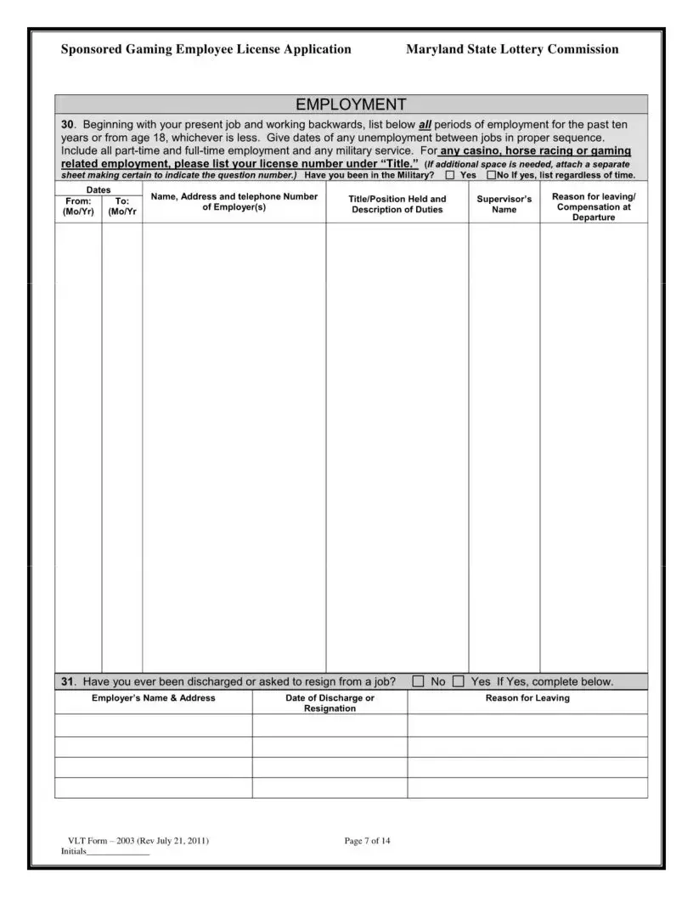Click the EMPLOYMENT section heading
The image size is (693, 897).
[351, 104]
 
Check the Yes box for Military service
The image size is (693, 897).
[449, 175]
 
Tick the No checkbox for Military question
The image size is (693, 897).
[491, 175]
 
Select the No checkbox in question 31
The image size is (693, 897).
[419, 680]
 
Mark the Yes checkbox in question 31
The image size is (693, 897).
[459, 680]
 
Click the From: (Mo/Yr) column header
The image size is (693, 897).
[77, 206]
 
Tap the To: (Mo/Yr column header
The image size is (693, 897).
[122, 206]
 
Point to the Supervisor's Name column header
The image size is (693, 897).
[504, 204]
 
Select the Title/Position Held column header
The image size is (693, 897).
[397, 204]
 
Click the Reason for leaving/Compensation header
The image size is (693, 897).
[594, 206]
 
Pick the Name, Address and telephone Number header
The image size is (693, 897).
[234, 201]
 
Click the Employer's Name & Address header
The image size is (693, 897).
[153, 698]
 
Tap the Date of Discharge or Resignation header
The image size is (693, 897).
[330, 702]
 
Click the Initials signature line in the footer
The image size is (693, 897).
[118, 851]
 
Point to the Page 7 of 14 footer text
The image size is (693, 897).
[367, 841]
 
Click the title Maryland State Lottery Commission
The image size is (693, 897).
[512, 49]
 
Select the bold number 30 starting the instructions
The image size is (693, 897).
[68, 124]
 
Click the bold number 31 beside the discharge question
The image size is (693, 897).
[68, 681]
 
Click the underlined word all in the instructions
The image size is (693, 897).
[425, 124]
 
